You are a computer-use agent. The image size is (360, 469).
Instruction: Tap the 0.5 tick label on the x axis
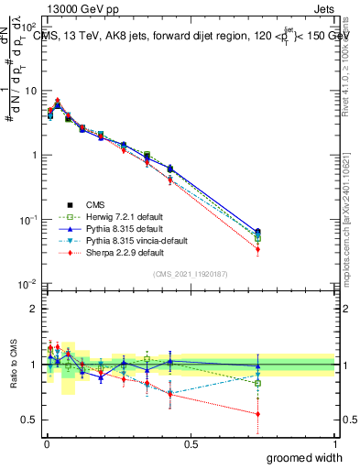[x=191, y=443]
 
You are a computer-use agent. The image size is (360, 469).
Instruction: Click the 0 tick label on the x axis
[x=46, y=443]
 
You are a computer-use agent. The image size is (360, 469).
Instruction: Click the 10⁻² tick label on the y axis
[x=28, y=284]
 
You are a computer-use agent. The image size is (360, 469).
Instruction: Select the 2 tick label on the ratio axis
[x=33, y=309]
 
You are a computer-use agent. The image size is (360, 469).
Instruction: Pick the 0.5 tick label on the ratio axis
[x=29, y=420]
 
